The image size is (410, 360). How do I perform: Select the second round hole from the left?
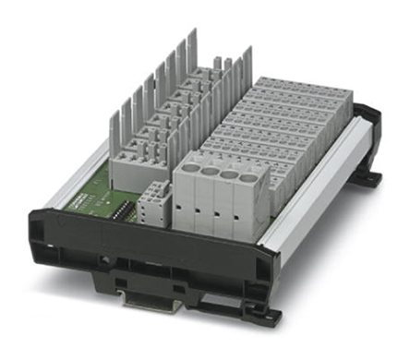(211, 170)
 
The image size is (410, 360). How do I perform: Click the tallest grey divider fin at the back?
(192, 55)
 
